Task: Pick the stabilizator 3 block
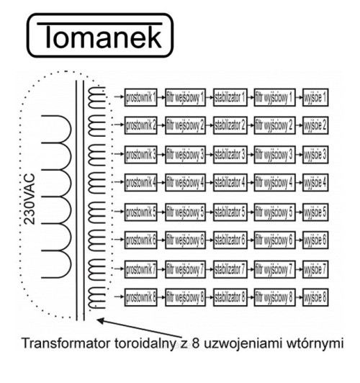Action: (x=230, y=154)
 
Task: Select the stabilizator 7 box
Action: (x=230, y=268)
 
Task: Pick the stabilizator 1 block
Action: (x=230, y=96)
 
